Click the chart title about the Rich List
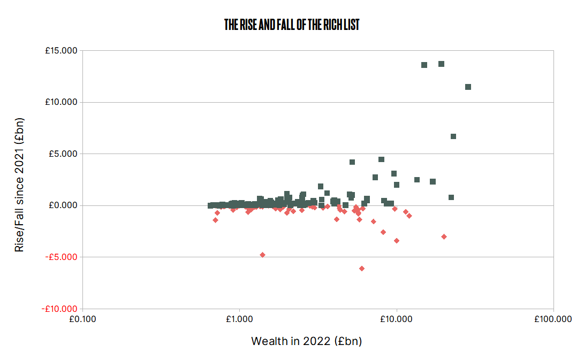coord(292,25)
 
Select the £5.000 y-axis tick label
coord(63,154)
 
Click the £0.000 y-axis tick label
coord(63,205)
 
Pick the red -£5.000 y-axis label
coord(62,257)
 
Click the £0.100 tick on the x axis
coord(82,319)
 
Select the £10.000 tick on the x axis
coord(396,319)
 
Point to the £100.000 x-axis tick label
coord(553,319)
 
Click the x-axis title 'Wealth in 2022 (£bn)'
coord(307,341)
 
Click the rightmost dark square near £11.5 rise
coord(468,87)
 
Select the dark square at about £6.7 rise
coord(453,136)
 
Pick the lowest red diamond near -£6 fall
coord(362,269)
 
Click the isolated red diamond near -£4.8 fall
coord(262,255)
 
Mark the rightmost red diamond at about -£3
coord(444,236)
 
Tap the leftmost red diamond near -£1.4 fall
coord(215,220)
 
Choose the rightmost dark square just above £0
coord(451,197)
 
